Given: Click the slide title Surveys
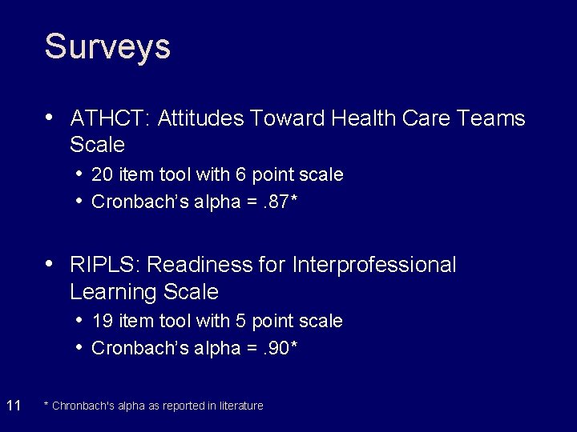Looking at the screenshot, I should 107,46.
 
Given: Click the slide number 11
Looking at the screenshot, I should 14,406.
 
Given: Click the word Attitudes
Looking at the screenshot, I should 201,118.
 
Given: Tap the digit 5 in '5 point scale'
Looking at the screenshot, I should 240,321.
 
